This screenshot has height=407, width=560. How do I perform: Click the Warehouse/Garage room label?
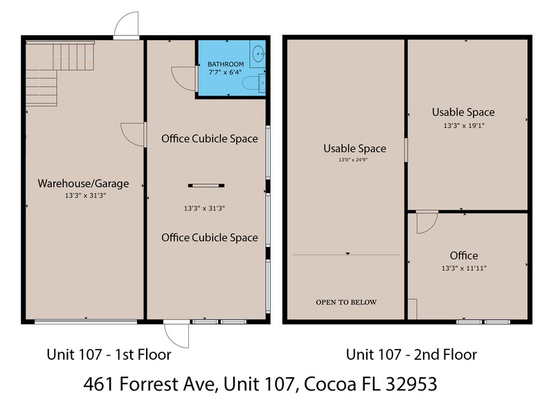[x=84, y=183]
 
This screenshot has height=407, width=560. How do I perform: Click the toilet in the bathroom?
[x=251, y=83]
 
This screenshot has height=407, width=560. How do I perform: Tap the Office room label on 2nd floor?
[x=464, y=255]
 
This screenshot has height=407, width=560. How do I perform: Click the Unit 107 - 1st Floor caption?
[x=109, y=354]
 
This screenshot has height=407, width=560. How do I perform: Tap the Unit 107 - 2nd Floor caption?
[x=411, y=354]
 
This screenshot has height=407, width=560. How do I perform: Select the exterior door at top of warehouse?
[x=127, y=26]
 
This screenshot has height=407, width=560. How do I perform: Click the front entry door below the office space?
[x=178, y=336]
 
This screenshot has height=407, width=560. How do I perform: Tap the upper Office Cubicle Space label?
[x=209, y=138]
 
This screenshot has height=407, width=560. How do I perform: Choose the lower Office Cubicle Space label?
[x=209, y=237]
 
